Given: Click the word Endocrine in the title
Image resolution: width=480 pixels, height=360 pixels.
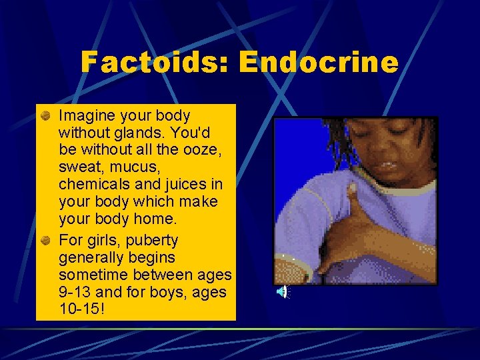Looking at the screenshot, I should coord(319,63).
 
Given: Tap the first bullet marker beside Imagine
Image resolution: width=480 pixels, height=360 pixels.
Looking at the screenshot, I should coord(45,115).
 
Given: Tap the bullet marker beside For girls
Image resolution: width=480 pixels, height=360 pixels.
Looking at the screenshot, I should coord(45,240).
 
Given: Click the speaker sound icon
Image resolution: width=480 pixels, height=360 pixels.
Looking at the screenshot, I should coord(283,291).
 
